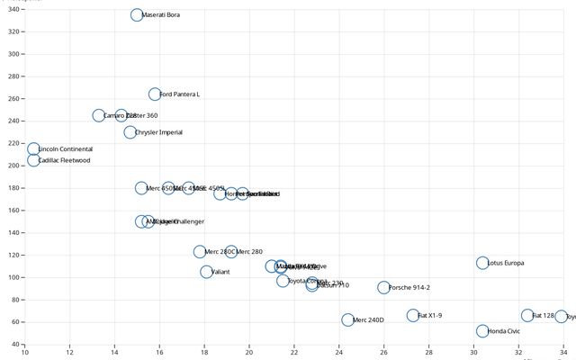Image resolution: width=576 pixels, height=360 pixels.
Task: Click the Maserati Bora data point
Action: tap(137, 15)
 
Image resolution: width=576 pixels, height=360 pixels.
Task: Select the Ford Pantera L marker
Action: tap(155, 94)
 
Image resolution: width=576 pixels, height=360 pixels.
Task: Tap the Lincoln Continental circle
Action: tap(33, 149)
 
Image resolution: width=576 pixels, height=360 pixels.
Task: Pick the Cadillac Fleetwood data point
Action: tap(33, 160)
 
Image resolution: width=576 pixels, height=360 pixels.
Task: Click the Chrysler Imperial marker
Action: tap(130, 132)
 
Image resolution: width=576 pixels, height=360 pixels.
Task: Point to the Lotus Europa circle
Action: tap(482, 264)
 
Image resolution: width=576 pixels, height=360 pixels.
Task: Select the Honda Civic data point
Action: tap(482, 331)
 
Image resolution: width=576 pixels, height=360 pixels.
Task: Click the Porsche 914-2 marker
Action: tap(383, 288)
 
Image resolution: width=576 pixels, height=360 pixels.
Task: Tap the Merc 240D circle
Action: tap(348, 319)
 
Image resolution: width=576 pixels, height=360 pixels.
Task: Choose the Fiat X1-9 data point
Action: tap(413, 316)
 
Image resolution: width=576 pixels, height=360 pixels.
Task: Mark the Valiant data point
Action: tap(207, 272)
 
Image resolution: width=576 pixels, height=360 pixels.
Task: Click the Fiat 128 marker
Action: tap(527, 316)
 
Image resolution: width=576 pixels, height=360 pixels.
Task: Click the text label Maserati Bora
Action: tap(161, 15)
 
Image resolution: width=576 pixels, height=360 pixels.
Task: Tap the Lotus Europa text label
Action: tap(506, 264)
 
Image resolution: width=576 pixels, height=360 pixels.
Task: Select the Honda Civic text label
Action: tap(504, 331)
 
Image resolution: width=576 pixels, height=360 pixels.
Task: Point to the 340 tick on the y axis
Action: tap(14, 31)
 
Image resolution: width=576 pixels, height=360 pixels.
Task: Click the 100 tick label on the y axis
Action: tap(14, 277)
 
